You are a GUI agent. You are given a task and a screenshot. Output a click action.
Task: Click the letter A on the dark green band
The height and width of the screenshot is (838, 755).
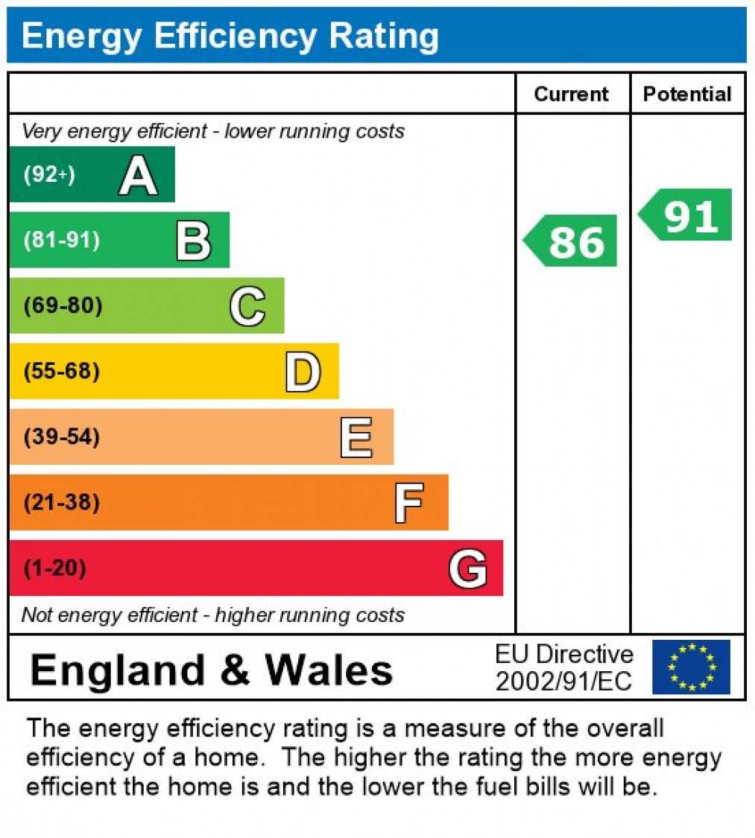point(138,177)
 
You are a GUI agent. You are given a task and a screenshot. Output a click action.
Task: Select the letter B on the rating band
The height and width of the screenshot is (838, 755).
point(193,241)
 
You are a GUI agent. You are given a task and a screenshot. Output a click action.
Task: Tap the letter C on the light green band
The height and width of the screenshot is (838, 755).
point(247,306)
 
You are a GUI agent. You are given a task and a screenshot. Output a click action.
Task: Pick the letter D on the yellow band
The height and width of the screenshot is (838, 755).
point(303,372)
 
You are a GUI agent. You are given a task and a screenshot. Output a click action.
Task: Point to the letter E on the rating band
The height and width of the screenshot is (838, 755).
point(356,437)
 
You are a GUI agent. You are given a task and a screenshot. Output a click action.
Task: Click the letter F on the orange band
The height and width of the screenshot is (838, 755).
point(409,503)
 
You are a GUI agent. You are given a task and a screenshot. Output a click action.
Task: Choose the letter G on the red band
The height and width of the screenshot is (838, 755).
point(468,568)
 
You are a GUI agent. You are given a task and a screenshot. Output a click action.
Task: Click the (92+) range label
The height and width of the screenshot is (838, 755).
point(49,175)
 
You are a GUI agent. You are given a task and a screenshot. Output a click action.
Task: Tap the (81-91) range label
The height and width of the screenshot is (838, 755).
point(62,241)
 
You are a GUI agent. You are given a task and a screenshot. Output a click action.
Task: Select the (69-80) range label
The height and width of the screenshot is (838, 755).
point(63,306)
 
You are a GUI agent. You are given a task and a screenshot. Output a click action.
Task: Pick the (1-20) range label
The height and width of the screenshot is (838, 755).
point(55,568)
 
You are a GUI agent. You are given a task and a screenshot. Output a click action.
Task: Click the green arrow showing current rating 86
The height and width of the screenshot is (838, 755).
point(572,241)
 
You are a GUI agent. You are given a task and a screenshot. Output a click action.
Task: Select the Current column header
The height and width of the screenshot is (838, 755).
point(572,94)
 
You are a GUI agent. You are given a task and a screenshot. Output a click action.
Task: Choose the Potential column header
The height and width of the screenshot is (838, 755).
point(687,94)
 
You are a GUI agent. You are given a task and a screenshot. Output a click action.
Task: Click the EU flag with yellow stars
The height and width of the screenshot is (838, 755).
point(691,667)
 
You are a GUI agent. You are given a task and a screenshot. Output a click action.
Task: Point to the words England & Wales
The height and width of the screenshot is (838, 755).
point(212,669)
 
